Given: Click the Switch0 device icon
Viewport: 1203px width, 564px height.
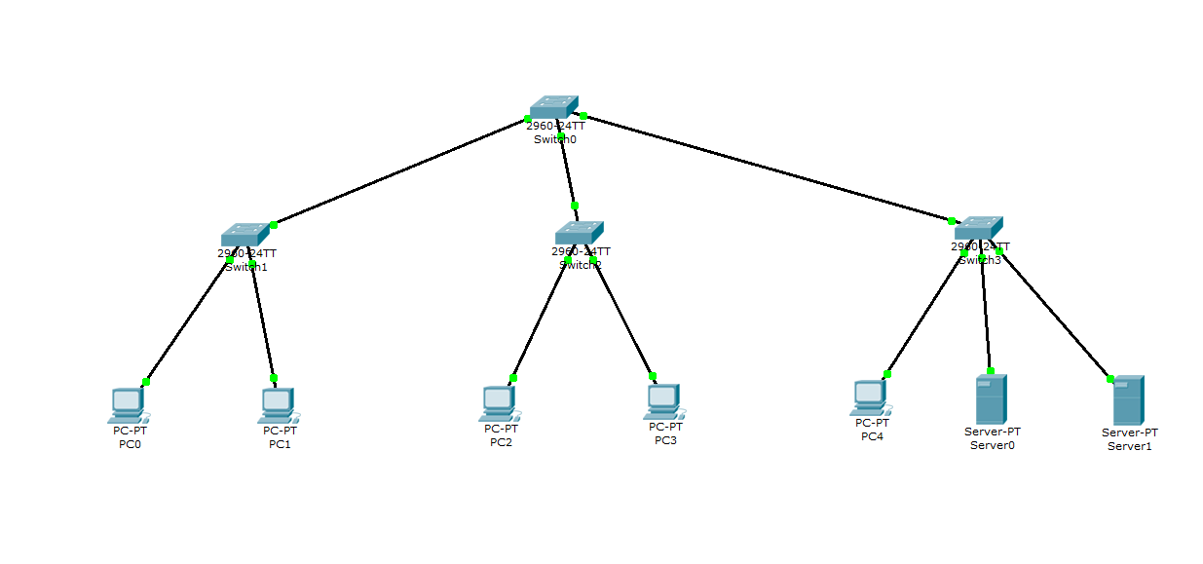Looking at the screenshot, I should tap(554, 107).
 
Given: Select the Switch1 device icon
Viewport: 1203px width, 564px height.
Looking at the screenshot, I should tap(244, 235).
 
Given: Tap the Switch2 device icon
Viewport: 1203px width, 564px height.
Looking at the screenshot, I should tap(579, 233).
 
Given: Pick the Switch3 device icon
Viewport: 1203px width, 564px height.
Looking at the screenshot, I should tap(979, 228).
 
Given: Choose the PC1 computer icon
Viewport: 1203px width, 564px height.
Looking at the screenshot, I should tap(279, 405).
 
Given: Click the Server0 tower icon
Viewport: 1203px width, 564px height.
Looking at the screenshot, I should tap(991, 399).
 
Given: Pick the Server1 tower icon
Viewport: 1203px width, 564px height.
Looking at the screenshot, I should tap(1128, 400).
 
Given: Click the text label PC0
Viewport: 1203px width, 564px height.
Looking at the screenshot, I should tap(130, 445).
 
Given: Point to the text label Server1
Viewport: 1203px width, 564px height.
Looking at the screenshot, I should tap(1129, 446).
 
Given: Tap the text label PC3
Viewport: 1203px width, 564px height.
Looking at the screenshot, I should tap(665, 440).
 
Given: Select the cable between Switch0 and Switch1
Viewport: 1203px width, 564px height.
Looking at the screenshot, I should tap(399, 172).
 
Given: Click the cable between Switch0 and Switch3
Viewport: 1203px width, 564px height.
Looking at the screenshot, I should tap(770, 169).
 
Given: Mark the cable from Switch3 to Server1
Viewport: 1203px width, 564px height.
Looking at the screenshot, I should tap(1054, 315).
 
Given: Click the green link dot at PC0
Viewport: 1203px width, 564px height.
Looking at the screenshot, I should tap(146, 382).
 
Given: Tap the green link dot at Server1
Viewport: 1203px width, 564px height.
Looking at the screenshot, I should tap(1110, 379).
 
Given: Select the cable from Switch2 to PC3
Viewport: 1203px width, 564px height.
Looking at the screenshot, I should tap(623, 319).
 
